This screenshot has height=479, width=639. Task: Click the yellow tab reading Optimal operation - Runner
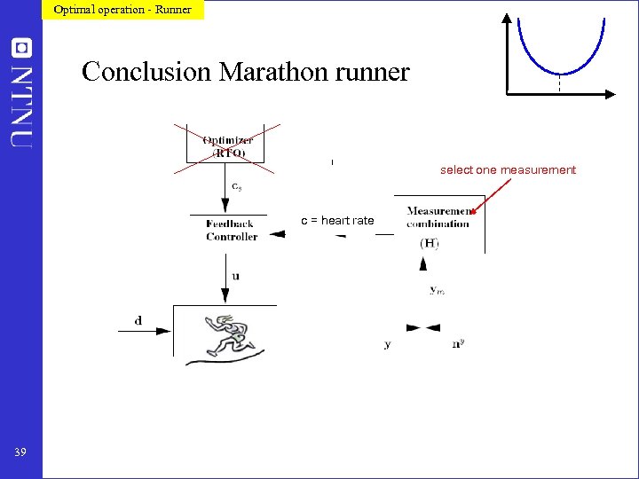coord(122,10)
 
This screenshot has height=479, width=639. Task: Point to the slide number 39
coord(20,453)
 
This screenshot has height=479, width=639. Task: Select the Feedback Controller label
coord(232,231)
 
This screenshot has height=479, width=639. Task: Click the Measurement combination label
coord(438,217)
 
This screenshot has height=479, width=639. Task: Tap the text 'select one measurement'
coord(508,170)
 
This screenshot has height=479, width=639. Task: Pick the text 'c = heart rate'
coord(337,221)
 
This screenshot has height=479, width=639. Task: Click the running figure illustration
coord(228,335)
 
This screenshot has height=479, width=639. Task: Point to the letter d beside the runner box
coord(138,320)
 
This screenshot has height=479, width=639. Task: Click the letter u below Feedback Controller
coord(235,276)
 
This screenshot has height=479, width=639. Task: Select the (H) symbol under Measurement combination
coord(429,243)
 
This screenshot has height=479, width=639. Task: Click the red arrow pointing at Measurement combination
coord(492,196)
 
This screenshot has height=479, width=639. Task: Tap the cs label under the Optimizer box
coord(235,186)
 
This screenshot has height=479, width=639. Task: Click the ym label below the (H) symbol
coord(437,289)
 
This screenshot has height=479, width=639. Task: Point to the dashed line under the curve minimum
coord(560,83)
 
